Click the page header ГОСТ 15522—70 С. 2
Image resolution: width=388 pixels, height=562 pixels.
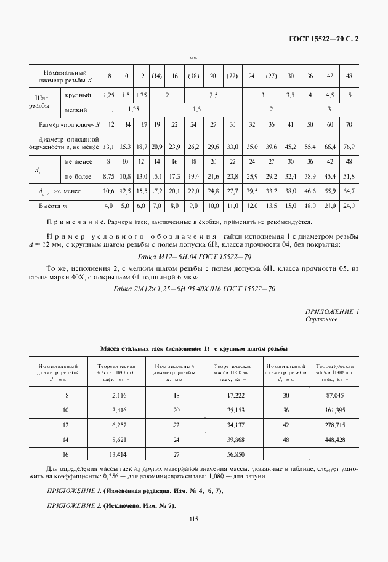pos(323,39)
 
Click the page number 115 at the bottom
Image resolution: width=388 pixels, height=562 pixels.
pos(193,520)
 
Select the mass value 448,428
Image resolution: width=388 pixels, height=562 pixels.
pos(334,440)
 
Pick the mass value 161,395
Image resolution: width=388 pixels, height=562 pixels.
pos(334,410)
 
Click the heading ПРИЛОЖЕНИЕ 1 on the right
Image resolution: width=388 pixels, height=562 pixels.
pos(332,311)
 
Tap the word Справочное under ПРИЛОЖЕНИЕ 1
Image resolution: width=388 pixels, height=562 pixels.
pos(321,319)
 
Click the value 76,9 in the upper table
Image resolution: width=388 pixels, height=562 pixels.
pos(349,147)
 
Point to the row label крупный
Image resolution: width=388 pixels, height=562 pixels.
pos(78,95)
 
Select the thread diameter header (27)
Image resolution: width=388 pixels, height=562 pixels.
pos(271,76)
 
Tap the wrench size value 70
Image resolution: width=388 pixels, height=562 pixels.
pos(349,125)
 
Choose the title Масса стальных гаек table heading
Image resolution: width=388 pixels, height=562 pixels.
pos(193,349)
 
